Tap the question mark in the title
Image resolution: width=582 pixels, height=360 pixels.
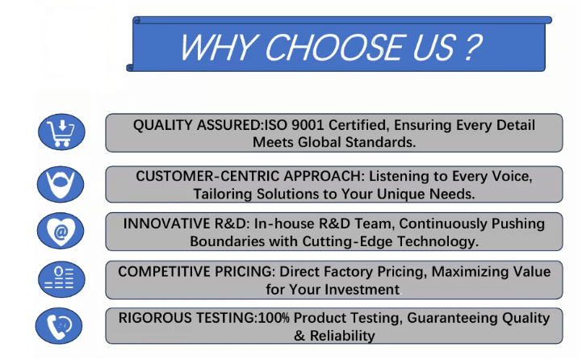(472, 47)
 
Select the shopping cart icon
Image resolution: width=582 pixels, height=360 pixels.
(61, 132)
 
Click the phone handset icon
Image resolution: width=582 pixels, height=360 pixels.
(59, 326)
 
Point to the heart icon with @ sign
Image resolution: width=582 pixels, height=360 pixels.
(61, 231)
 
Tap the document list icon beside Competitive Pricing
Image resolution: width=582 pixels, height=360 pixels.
(61, 279)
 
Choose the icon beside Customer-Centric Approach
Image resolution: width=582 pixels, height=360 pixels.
(61, 184)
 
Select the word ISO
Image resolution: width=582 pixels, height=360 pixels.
(276, 125)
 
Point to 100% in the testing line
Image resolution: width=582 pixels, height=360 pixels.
(274, 318)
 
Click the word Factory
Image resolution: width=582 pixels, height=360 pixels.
(349, 272)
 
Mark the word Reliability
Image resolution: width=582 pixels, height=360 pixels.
(342, 336)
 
